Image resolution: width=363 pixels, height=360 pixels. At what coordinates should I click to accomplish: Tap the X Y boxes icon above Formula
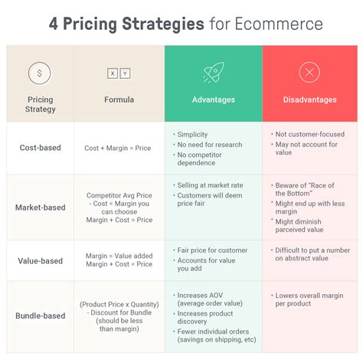[119, 74]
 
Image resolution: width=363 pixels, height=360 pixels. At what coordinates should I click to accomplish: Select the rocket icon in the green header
[213, 73]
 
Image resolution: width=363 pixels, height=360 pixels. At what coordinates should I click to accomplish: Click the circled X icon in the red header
[309, 73]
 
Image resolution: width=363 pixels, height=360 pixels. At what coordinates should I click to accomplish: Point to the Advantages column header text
[213, 100]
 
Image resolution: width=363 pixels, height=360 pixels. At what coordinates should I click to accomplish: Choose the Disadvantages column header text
[309, 100]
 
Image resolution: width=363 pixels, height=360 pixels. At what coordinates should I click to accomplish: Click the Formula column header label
[119, 100]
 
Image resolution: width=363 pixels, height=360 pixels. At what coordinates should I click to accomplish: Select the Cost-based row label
[41, 147]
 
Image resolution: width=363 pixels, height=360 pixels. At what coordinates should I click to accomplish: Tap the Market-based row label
[41, 207]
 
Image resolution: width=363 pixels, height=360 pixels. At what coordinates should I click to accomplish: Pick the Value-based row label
[41, 260]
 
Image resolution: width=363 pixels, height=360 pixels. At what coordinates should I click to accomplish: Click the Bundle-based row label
[41, 315]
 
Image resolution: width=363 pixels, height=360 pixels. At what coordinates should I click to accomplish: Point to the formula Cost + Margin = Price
[119, 148]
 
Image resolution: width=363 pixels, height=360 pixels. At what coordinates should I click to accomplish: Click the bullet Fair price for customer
[212, 250]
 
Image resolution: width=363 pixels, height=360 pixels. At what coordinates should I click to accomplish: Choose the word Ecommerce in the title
[265, 24]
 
